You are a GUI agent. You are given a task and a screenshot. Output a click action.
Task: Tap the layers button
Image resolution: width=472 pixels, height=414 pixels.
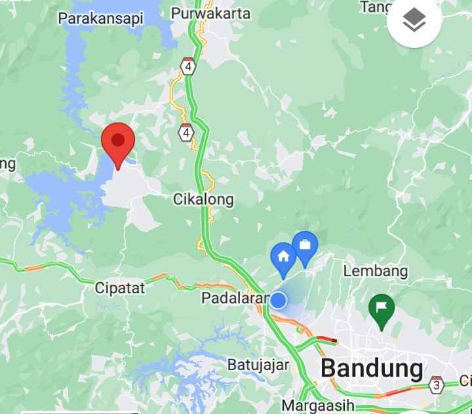pyautogui.click(x=414, y=22)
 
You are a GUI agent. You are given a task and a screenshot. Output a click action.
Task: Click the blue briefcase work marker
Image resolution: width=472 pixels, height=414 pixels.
pyautogui.click(x=305, y=246)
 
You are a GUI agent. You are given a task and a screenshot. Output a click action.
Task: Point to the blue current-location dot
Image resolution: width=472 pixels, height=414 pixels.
pyautogui.click(x=279, y=300)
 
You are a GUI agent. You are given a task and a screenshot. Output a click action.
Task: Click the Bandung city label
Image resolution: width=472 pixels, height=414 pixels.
pyautogui.click(x=372, y=369)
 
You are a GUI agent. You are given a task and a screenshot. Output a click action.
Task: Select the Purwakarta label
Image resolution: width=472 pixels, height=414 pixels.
pyautogui.click(x=210, y=13)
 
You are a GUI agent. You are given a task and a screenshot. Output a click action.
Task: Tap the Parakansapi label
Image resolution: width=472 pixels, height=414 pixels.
pyautogui.click(x=101, y=18)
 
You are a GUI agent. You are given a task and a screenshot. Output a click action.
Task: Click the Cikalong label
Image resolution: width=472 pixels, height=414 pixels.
pyautogui.click(x=203, y=199)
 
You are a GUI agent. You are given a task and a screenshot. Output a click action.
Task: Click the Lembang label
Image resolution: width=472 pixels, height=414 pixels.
pyautogui.click(x=376, y=270)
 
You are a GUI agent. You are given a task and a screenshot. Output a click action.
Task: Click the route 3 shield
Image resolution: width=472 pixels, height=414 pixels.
pyautogui.click(x=436, y=385)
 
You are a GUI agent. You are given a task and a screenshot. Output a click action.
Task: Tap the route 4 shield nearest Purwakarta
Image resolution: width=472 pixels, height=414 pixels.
pyautogui.click(x=189, y=67)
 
